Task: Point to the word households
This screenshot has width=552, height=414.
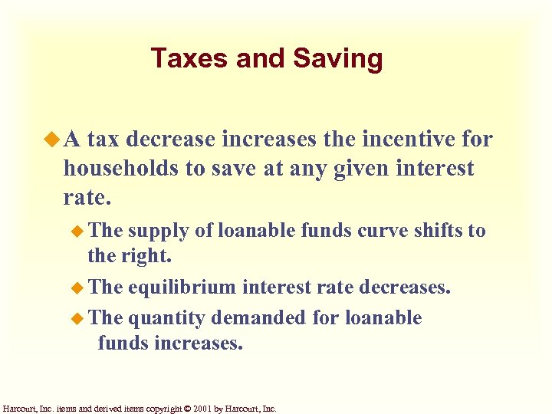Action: [120, 168]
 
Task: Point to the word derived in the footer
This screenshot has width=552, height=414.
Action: [116, 409]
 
